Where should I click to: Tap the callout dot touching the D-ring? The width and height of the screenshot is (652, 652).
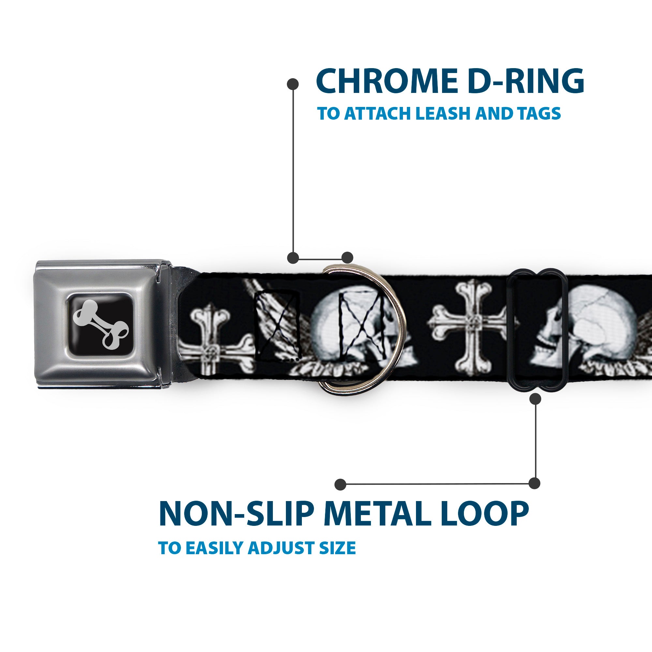[347, 258]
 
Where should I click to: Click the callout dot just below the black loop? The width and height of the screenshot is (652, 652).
[535, 399]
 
